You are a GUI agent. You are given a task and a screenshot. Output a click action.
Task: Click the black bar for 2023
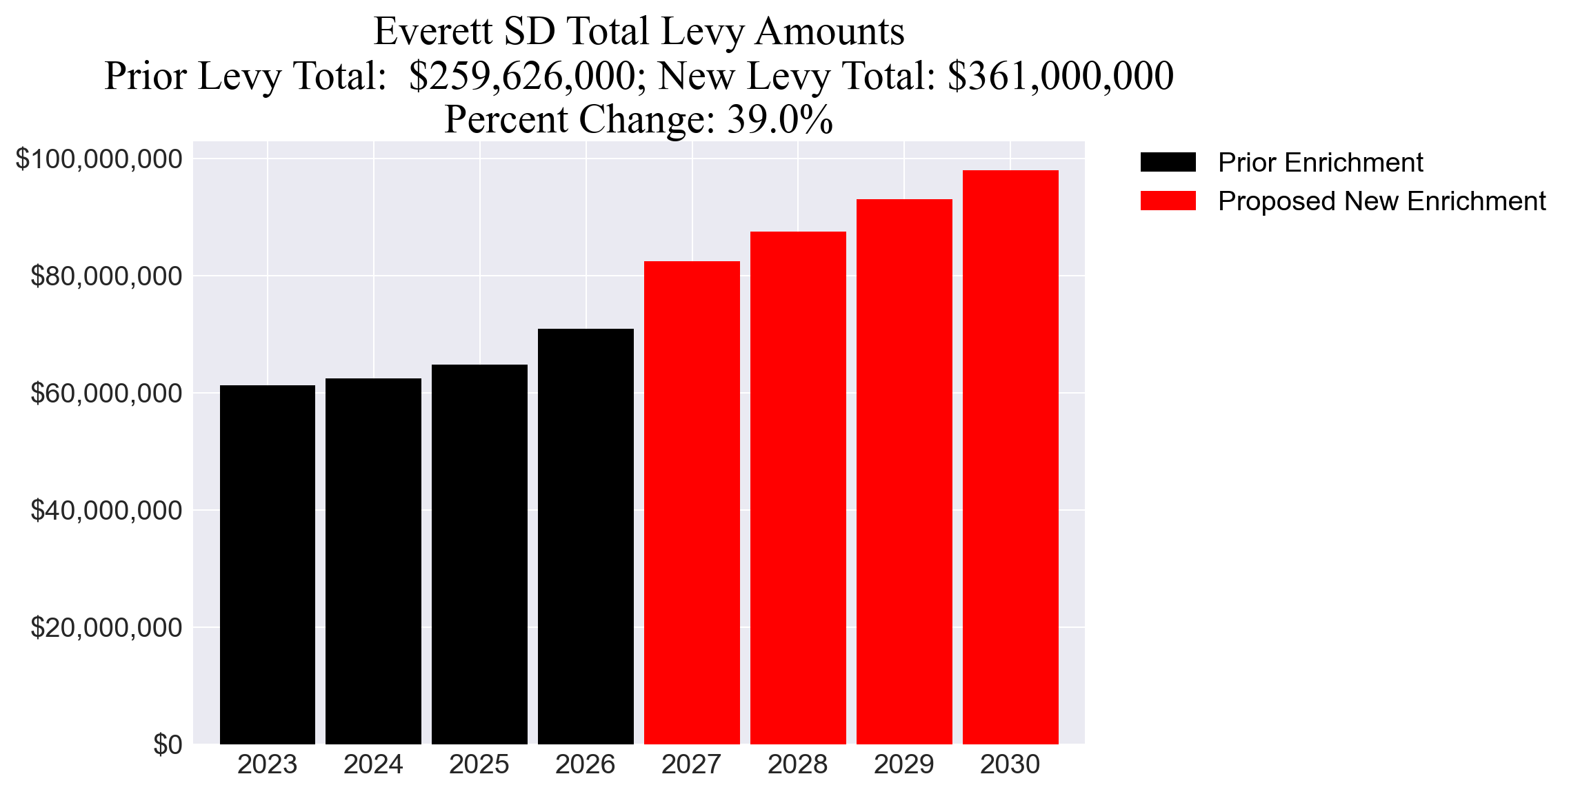click(268, 564)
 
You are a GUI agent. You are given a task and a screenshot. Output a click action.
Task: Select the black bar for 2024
click(373, 561)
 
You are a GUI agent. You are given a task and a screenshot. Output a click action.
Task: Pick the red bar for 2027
click(692, 502)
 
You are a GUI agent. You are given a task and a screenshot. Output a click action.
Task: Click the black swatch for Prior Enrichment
click(1168, 163)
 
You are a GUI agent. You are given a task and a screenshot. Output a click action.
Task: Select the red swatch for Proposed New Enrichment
click(1168, 201)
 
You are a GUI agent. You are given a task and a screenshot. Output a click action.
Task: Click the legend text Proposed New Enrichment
click(1381, 201)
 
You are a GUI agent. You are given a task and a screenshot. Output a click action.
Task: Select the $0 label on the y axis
click(168, 745)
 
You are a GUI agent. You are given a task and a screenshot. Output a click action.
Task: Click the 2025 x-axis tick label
click(479, 764)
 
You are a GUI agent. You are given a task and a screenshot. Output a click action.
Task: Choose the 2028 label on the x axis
click(797, 764)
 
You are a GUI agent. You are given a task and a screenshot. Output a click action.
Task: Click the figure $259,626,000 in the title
click(521, 76)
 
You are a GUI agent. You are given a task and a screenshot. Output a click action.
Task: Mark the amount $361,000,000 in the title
click(1060, 76)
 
